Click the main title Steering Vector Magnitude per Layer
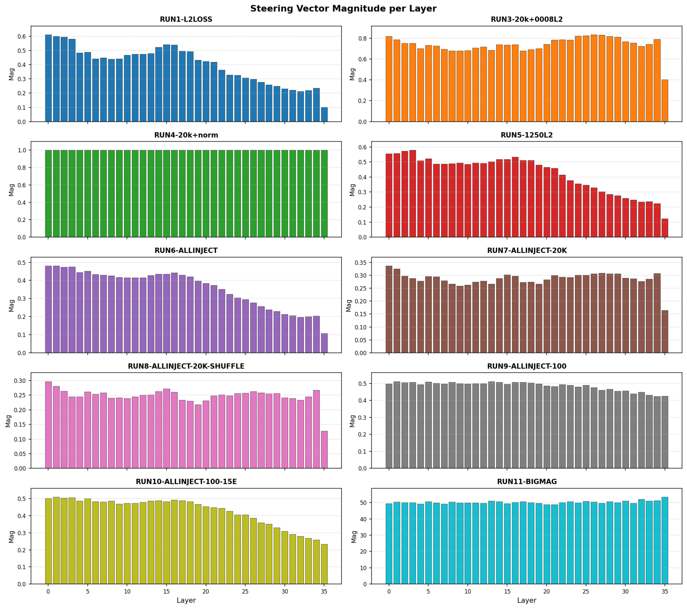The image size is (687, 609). click(343, 9)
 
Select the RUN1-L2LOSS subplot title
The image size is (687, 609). click(186, 19)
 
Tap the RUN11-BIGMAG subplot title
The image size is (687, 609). click(527, 481)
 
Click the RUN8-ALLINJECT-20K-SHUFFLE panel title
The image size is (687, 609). click(186, 366)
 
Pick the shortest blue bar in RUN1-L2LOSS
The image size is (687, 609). click(324, 114)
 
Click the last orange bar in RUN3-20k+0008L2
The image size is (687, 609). click(665, 101)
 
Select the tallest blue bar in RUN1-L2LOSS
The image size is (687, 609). click(48, 78)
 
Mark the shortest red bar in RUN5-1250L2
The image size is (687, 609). click(665, 228)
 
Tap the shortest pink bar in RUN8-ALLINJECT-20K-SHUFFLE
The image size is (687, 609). click(324, 450)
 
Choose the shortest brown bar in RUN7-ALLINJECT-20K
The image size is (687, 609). click(665, 332)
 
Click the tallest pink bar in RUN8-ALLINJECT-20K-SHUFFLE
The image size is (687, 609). click(48, 425)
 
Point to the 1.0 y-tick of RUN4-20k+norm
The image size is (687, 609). click(21, 150)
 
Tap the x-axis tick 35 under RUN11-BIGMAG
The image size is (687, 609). click(665, 592)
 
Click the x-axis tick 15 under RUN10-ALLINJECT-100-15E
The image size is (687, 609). click(166, 592)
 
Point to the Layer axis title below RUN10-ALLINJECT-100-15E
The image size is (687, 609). click(186, 600)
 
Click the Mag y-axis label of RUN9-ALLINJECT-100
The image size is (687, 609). click(352, 421)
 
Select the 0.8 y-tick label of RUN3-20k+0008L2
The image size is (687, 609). click(362, 38)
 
